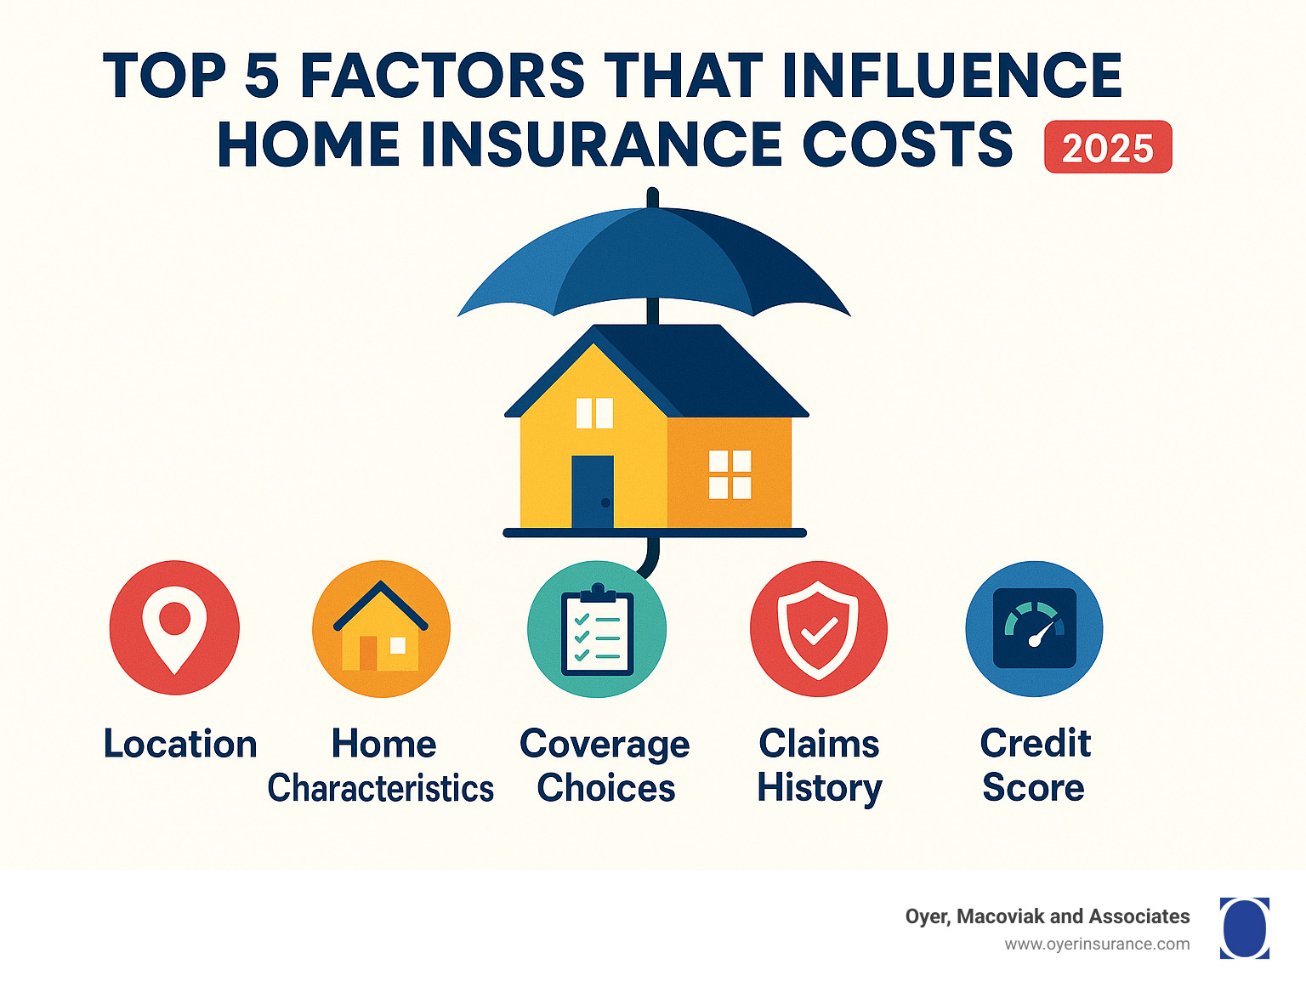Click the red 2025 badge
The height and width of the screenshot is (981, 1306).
[1108, 148]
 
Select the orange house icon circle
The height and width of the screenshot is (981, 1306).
[381, 629]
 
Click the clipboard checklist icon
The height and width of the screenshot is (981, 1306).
[597, 631]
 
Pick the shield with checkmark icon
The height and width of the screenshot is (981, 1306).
[818, 629]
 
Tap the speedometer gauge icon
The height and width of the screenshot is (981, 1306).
[1034, 629]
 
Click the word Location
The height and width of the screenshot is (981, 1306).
[180, 744]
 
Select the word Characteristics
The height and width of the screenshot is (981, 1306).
[381, 788]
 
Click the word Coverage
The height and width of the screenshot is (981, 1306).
[605, 745]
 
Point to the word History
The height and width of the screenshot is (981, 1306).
[820, 788]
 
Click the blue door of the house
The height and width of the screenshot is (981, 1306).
[593, 491]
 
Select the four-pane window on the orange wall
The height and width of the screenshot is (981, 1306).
[730, 474]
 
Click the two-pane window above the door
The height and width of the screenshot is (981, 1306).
[594, 413]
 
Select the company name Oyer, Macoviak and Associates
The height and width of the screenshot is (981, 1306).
[1047, 916]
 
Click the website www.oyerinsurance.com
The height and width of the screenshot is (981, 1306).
[1097, 944]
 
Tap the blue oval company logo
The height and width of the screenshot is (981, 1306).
[1245, 927]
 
